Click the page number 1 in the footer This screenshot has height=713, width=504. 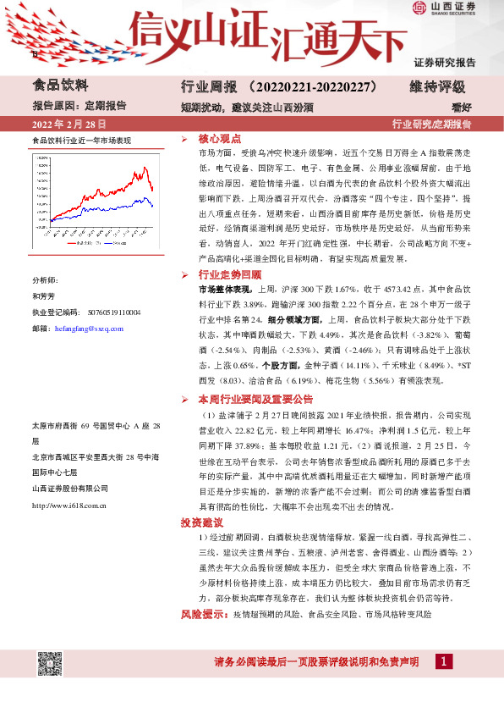click(x=443, y=661)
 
